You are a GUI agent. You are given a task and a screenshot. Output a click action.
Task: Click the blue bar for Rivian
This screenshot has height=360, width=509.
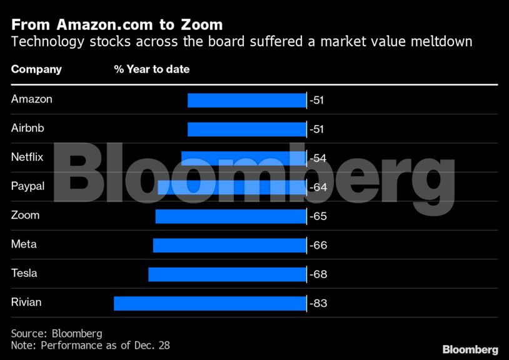pyautogui.click(x=210, y=303)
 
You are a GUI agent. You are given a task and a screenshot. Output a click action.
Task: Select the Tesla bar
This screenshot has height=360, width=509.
pyautogui.click(x=227, y=274)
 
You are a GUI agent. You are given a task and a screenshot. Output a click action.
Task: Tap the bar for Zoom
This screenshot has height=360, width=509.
pyautogui.click(x=231, y=216)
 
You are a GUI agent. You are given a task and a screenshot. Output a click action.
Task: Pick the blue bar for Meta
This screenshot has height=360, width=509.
pyautogui.click(x=229, y=245)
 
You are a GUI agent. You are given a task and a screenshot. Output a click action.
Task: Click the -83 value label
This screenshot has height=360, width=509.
pyautogui.click(x=318, y=304)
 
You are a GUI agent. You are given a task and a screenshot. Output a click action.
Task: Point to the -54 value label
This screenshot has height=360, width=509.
pyautogui.click(x=318, y=158)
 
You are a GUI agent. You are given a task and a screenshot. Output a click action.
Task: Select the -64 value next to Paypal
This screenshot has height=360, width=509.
pyautogui.click(x=318, y=187)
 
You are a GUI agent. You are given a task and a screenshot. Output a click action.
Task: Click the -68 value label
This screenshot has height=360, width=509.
pyautogui.click(x=318, y=274)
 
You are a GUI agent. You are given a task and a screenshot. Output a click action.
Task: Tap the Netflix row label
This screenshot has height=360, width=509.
pyautogui.click(x=27, y=157)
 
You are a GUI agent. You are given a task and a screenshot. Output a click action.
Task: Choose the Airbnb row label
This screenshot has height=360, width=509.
pyautogui.click(x=28, y=127)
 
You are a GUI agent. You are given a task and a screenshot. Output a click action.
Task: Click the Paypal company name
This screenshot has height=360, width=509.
pyautogui.click(x=28, y=186)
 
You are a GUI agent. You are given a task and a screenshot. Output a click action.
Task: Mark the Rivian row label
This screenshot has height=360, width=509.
pyautogui.click(x=26, y=302)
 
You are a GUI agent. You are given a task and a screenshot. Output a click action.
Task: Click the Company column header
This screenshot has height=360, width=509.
pyautogui.click(x=36, y=69)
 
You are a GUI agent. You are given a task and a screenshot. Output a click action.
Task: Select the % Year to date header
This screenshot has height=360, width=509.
pyautogui.click(x=151, y=69)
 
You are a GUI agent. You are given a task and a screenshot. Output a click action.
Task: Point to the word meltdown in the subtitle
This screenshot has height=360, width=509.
pyautogui.click(x=443, y=42)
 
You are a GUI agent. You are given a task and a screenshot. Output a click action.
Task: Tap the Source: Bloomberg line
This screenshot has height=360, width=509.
pyautogui.click(x=56, y=333)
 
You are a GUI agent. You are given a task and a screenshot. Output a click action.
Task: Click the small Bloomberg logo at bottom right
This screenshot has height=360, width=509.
pyautogui.click(x=470, y=349)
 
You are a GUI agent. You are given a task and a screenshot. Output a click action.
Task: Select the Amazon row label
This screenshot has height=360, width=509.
pyautogui.click(x=32, y=99)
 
